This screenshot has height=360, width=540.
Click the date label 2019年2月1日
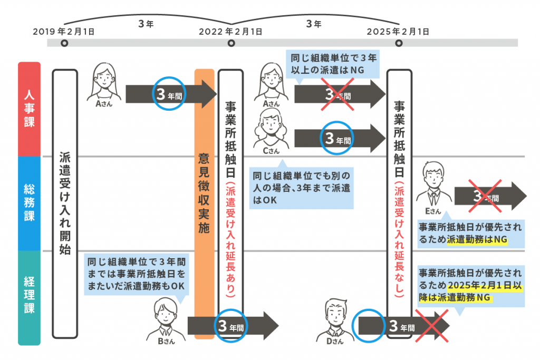pos(64,31)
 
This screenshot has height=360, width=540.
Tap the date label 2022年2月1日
pos(230,31)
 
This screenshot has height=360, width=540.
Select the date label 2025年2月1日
pos(398,31)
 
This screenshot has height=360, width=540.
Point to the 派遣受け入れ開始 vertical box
pos(65,203)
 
